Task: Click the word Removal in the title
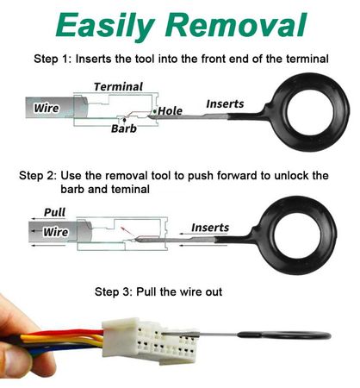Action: pos(236,24)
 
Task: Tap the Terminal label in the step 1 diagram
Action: pos(118,87)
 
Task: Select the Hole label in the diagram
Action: pos(171,111)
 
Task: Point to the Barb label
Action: pos(124,128)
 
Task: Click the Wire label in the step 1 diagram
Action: pos(47,108)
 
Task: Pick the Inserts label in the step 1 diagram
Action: pos(225,103)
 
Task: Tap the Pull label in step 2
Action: pos(54,212)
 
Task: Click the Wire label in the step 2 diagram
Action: pos(56,232)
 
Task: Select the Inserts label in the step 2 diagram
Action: pos(210,228)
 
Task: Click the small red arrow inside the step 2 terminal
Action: pos(125,230)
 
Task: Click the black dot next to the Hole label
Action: pos(155,111)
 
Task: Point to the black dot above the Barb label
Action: pos(124,119)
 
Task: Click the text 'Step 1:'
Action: pos(53,59)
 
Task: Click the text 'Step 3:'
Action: pos(114,291)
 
